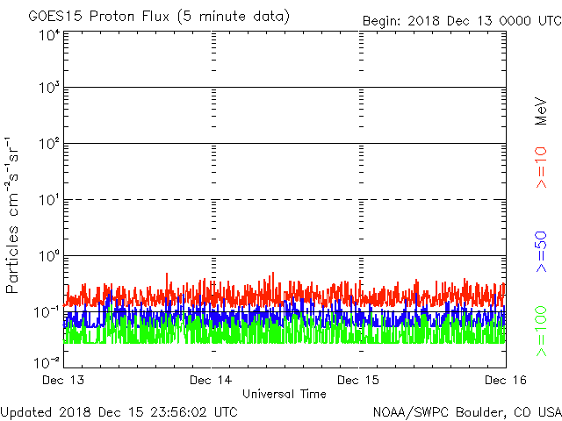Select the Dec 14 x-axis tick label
(212, 380)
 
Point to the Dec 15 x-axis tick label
(359, 380)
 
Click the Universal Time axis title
(284, 394)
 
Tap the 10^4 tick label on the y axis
(48, 34)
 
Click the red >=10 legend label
(542, 168)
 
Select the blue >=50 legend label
(542, 253)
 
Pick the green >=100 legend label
(542, 332)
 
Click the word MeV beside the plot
(542, 111)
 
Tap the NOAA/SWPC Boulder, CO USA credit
(466, 410)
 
